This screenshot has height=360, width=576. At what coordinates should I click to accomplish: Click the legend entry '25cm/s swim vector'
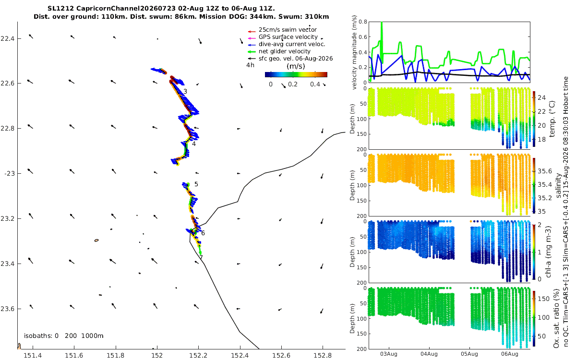click(x=288, y=30)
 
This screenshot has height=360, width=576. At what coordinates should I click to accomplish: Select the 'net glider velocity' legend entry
click(x=284, y=51)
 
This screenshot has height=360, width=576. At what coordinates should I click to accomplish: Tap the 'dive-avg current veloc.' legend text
click(x=292, y=44)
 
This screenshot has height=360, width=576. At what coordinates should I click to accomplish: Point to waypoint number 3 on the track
click(x=185, y=92)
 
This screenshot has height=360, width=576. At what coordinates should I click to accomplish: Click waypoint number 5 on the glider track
click(x=196, y=184)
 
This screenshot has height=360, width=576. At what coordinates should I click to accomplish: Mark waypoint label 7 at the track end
click(x=201, y=257)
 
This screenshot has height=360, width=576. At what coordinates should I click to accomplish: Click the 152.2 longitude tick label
click(x=199, y=355)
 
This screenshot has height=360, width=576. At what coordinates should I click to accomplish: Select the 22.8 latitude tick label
click(x=8, y=128)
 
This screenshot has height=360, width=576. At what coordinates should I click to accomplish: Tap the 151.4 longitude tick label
click(x=33, y=355)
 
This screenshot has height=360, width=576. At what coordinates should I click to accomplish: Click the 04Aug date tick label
click(x=429, y=354)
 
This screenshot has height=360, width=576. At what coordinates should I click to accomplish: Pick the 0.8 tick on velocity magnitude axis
click(x=362, y=22)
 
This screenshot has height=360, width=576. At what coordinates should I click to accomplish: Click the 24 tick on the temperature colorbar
click(x=542, y=98)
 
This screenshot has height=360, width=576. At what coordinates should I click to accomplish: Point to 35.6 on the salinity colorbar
click(x=545, y=171)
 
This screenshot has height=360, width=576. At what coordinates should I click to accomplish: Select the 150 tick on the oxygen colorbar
click(x=543, y=299)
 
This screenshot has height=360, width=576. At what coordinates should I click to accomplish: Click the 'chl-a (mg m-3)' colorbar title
click(x=548, y=252)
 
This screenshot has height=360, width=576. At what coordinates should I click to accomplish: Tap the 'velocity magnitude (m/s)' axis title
click(x=354, y=53)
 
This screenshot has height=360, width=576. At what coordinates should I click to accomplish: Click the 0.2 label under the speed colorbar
click(x=293, y=84)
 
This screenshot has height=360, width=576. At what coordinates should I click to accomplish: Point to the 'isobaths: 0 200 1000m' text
click(x=64, y=336)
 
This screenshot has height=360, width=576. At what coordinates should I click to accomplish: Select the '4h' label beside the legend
click(x=250, y=65)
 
